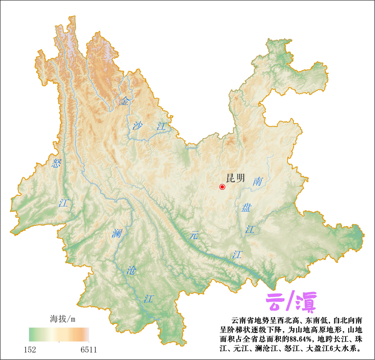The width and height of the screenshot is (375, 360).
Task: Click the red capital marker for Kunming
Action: (x=222, y=187)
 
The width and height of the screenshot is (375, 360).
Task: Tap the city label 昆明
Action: (x=236, y=178)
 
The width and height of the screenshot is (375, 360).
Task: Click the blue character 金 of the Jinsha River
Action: (x=124, y=101)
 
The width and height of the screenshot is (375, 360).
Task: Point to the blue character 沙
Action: (x=137, y=125)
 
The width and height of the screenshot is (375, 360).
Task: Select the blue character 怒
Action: (x=56, y=163)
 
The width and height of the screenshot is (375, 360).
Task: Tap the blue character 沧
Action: (x=131, y=270)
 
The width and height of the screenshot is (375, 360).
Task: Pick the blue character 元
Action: (x=194, y=235)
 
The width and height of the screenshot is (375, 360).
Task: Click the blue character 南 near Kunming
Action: (x=257, y=181)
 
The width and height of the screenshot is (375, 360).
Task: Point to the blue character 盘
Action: (x=246, y=208)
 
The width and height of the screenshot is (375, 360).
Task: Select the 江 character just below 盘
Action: (x=250, y=229)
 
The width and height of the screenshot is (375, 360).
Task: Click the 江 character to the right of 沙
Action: (x=161, y=126)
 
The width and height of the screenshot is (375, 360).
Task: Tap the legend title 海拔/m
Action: (x=63, y=319)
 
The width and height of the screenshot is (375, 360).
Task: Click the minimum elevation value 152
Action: (x=30, y=350)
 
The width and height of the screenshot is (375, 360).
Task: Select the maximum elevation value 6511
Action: (x=89, y=350)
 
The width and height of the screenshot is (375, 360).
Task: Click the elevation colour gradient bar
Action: (x=59, y=334)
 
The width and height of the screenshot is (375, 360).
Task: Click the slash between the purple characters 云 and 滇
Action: (x=290, y=301)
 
